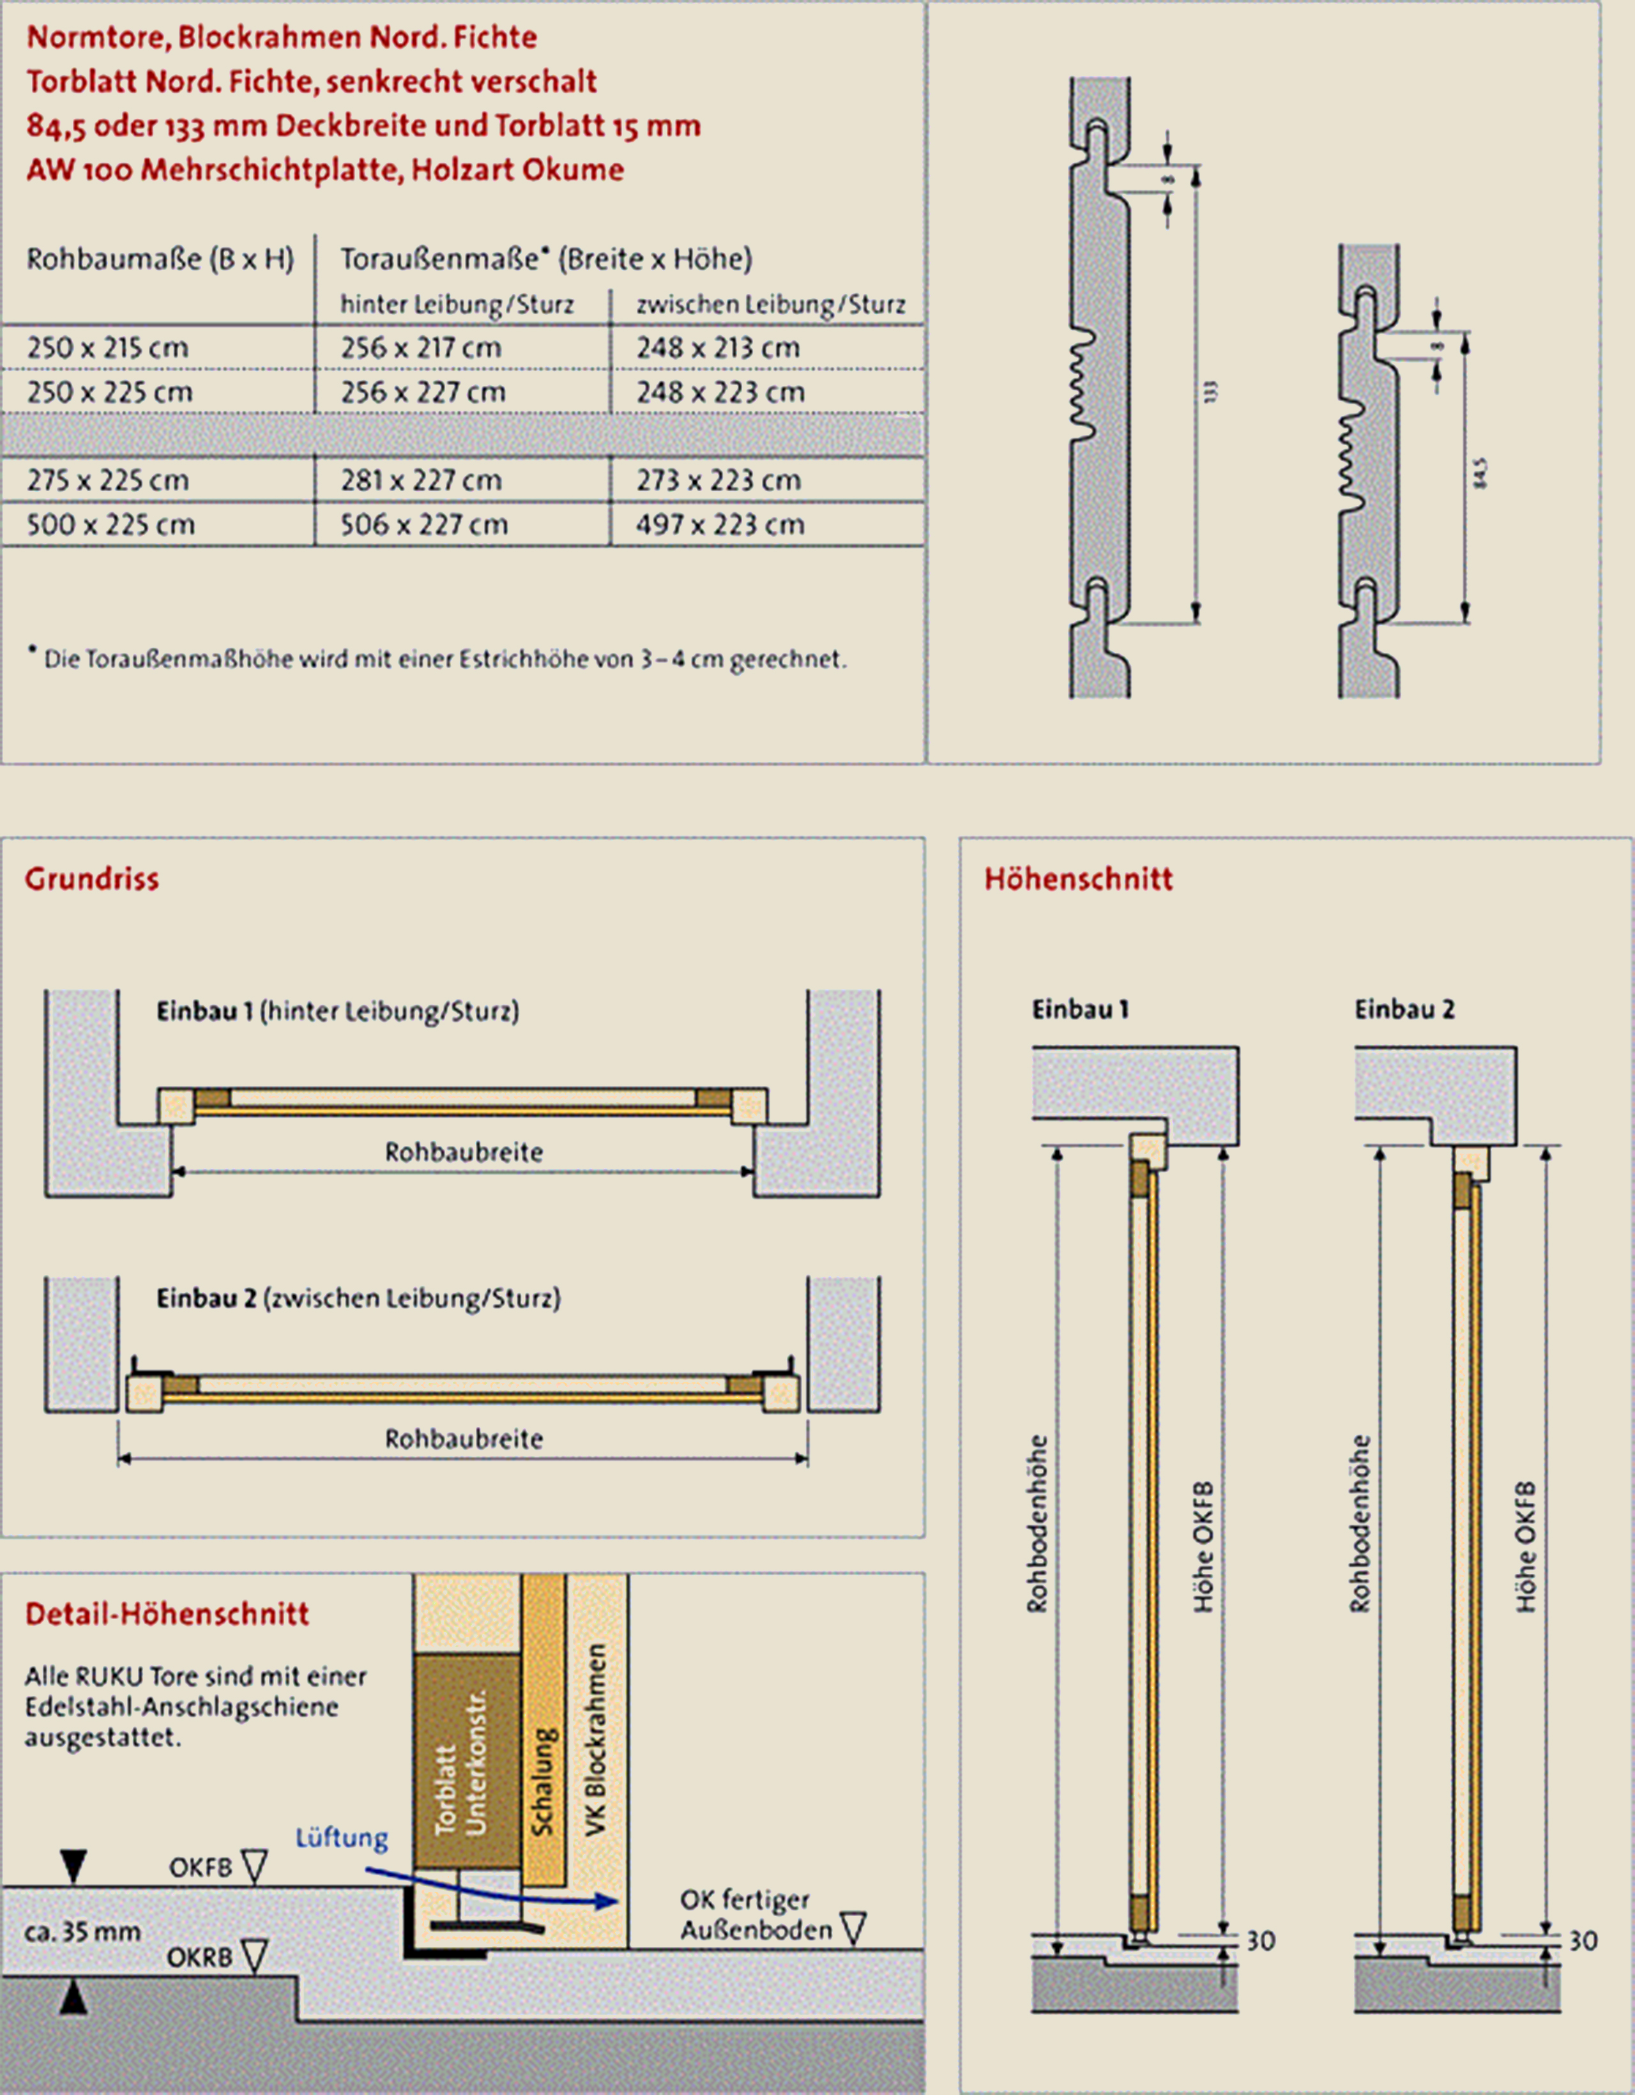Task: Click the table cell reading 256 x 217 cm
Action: click(x=421, y=347)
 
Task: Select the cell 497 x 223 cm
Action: click(x=719, y=525)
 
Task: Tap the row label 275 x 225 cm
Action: click(x=107, y=480)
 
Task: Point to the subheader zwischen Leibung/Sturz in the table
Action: click(x=770, y=305)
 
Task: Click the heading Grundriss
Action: click(x=92, y=879)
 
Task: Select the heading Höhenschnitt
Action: click(x=1078, y=879)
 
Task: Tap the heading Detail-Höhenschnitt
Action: click(x=167, y=1613)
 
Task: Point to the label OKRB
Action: click(x=199, y=1958)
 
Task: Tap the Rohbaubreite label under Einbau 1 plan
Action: click(x=464, y=1152)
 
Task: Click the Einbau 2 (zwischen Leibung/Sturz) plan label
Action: click(x=359, y=1298)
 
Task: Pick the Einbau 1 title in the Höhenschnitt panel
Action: click(x=1080, y=1009)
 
